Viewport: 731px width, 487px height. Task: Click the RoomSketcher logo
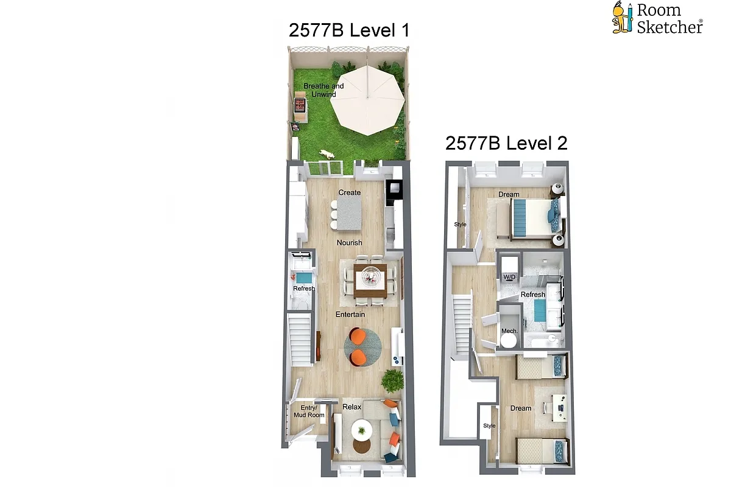(x=657, y=18)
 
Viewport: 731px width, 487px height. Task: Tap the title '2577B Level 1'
(x=349, y=30)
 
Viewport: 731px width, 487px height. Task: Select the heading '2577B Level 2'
(x=506, y=144)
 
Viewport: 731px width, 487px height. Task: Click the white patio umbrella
(x=370, y=99)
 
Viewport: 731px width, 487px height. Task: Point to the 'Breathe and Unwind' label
(x=323, y=90)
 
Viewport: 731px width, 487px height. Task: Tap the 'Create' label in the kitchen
(x=350, y=192)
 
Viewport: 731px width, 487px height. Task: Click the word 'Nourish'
(x=350, y=242)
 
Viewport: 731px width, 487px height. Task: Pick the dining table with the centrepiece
(x=370, y=279)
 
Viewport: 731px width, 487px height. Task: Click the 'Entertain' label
(x=350, y=314)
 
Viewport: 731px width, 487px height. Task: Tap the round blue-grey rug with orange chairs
(x=362, y=348)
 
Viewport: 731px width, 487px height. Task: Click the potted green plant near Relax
(x=393, y=382)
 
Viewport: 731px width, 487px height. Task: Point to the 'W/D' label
(x=509, y=278)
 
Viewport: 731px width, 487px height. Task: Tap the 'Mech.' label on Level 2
(x=509, y=331)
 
